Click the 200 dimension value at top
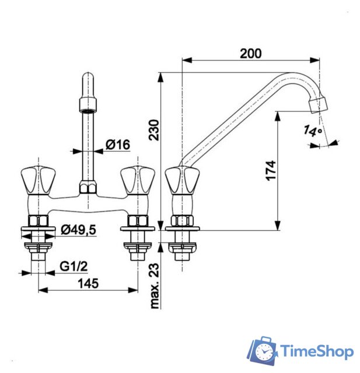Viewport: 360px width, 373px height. click(251, 53)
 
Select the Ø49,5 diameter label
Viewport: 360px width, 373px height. click(78, 230)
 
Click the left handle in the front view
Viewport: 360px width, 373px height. click(36, 178)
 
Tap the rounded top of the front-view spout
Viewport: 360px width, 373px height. click(88, 79)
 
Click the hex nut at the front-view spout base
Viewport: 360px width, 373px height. click(88, 188)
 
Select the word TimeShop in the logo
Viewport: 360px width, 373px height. click(317, 351)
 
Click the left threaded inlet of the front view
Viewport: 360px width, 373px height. click(38, 248)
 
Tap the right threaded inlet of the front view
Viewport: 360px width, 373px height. click(137, 248)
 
